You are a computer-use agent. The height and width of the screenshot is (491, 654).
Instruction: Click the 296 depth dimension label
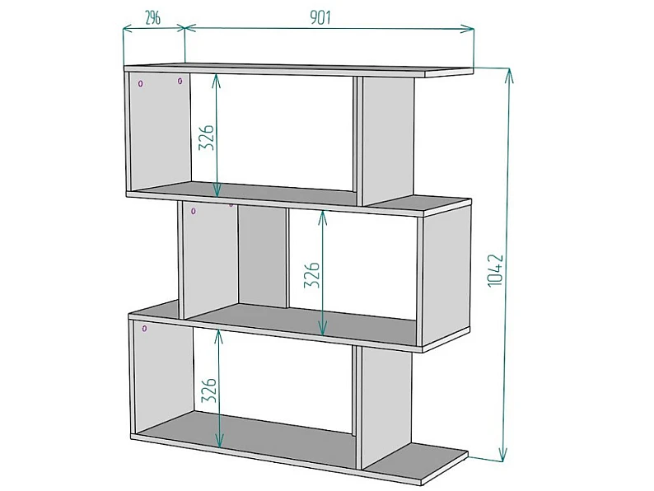(x=152, y=18)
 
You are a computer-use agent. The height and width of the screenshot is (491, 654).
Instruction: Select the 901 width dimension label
(x=320, y=17)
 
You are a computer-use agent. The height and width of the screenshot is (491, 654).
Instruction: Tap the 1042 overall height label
(x=496, y=270)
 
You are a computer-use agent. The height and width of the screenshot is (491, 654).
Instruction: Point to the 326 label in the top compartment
(x=206, y=138)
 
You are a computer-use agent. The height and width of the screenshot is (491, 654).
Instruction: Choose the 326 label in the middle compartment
(x=311, y=275)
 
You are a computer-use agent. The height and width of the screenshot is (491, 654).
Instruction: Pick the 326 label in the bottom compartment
(x=209, y=390)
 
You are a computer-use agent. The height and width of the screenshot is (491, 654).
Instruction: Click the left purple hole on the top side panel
(x=141, y=83)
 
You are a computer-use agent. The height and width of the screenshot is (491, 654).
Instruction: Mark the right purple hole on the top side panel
(x=180, y=81)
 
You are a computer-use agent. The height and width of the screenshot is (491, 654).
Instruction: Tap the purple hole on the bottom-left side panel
(x=144, y=329)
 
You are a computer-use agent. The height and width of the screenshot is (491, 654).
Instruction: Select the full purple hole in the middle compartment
(x=194, y=211)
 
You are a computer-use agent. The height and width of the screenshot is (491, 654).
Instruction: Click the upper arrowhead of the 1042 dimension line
(x=509, y=74)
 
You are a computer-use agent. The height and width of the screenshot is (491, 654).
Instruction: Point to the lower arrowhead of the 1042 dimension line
(x=503, y=455)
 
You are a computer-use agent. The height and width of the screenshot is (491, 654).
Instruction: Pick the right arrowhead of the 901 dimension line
(x=468, y=29)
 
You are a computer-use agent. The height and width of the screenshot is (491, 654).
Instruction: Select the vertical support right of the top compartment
(x=388, y=140)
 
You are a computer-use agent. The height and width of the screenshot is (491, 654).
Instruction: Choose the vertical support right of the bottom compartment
(x=385, y=408)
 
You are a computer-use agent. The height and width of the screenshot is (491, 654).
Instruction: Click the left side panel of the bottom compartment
(x=163, y=377)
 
